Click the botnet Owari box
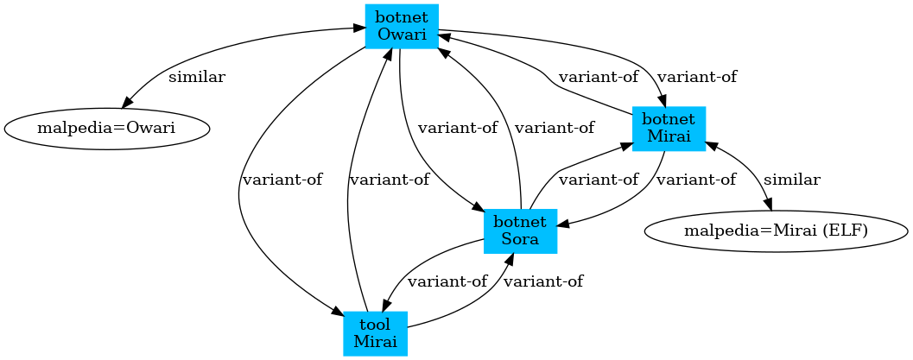pyautogui.click(x=402, y=26)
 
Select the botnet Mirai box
pyautogui.click(x=669, y=129)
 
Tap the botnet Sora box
pyautogui.click(x=519, y=231)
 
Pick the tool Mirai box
pyautogui.click(x=375, y=332)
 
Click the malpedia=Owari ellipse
pyautogui.click(x=107, y=129)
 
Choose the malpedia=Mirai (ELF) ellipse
pyautogui.click(x=776, y=231)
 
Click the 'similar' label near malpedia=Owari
pyautogui.click(x=196, y=77)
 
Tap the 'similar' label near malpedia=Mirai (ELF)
pyautogui.click(x=791, y=180)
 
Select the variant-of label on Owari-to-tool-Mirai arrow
pyautogui.click(x=282, y=180)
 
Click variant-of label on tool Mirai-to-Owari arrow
pyautogui.click(x=389, y=180)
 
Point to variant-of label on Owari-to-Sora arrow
pyautogui.click(x=458, y=128)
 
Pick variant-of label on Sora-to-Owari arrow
pyautogui.click(x=554, y=128)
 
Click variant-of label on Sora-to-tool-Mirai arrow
pyautogui.click(x=447, y=281)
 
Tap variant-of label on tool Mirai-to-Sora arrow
pyautogui.click(x=542, y=281)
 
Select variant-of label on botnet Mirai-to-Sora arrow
pyautogui.click(x=695, y=180)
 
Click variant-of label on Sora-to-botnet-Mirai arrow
pyautogui.click(x=599, y=180)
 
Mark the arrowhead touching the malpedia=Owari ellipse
pyautogui.click(x=130, y=98)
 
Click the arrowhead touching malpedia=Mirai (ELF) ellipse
pyautogui.click(x=768, y=204)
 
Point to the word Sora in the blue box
pyautogui.click(x=519, y=239)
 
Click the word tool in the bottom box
pyautogui.click(x=375, y=324)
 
